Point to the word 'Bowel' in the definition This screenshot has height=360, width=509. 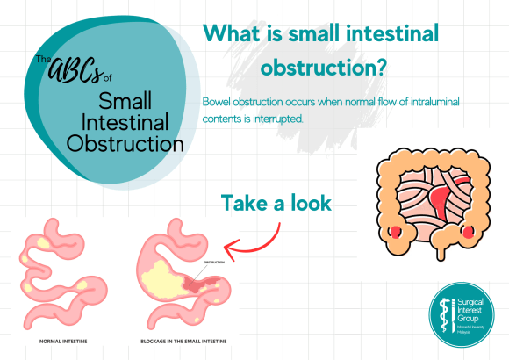[x=218, y=103]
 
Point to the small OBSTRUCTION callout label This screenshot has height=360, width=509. [x=212, y=263]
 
